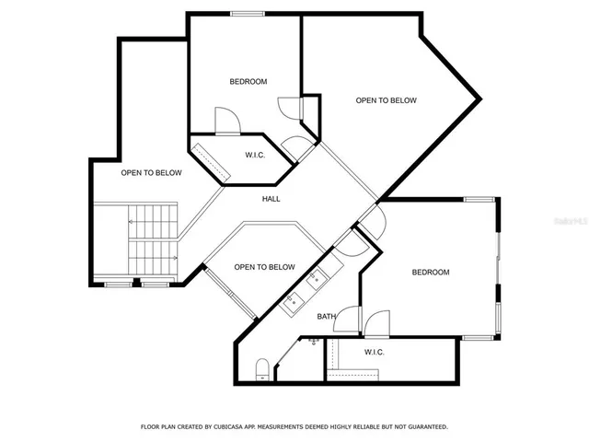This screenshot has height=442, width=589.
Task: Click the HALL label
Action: [271, 199]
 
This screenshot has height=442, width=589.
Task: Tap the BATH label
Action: [327, 317]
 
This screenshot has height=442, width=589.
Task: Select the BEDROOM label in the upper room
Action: [248, 82]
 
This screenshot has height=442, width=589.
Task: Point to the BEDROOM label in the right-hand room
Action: [430, 272]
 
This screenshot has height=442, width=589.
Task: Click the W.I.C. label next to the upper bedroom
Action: [255, 155]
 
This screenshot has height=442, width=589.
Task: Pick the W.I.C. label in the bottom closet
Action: [375, 352]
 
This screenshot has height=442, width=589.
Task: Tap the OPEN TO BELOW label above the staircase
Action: [151, 173]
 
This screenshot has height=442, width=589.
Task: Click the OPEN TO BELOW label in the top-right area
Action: [387, 100]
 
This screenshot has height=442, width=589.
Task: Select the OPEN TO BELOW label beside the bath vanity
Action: [264, 267]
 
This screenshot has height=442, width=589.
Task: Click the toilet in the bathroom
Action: [262, 371]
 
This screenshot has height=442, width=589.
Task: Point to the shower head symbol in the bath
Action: [315, 342]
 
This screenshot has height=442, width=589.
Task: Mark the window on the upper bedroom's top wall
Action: [245, 13]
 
